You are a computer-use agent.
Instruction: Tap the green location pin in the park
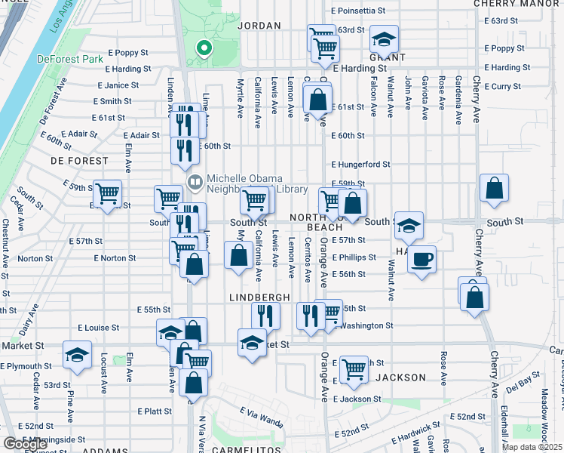pyautogui.click(x=202, y=49)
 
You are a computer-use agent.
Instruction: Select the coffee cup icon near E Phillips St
pyautogui.click(x=421, y=260)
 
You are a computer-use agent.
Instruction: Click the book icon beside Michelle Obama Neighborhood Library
pyautogui.click(x=195, y=182)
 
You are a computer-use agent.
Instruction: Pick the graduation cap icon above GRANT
pyautogui.click(x=384, y=39)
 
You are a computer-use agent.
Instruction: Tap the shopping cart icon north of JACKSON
pyautogui.click(x=354, y=369)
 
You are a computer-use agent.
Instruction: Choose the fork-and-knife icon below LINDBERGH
pyautogui.click(x=265, y=315)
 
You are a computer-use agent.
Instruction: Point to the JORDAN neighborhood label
pyautogui.click(x=259, y=26)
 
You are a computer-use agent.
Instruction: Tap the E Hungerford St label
pyautogui.click(x=360, y=164)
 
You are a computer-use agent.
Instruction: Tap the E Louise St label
pyautogui.click(x=98, y=328)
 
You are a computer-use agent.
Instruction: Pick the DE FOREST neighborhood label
pyautogui.click(x=75, y=161)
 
